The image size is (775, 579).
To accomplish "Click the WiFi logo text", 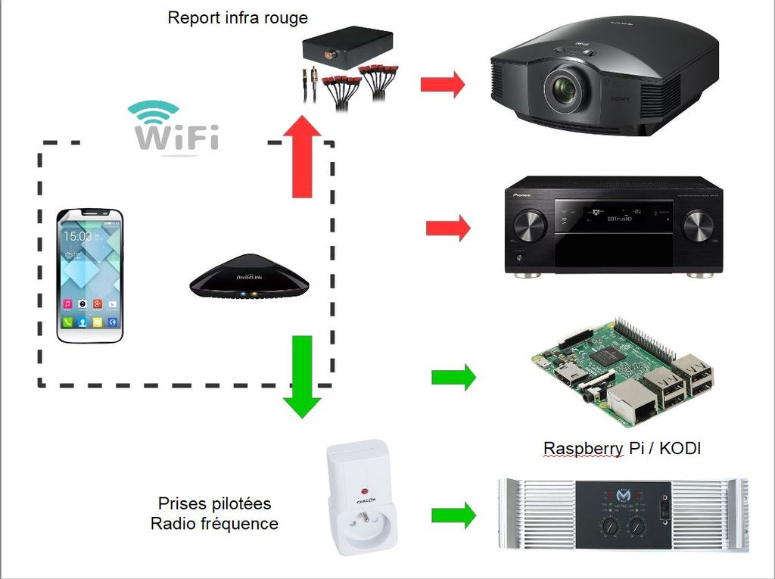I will [x=176, y=137].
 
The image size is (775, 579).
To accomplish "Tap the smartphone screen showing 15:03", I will [x=90, y=275].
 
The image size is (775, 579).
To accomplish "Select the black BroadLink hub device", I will [x=249, y=276].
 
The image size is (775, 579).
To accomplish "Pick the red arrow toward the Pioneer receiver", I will [x=448, y=227].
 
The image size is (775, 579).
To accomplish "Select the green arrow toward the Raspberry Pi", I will [x=453, y=376].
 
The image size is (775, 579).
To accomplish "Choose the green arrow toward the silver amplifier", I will [x=453, y=515].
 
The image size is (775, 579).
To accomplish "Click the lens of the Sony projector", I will [x=565, y=89].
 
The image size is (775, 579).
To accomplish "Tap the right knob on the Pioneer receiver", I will [x=697, y=226].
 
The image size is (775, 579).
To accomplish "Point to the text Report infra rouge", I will [x=238, y=17].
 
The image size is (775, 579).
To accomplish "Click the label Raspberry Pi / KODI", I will [x=622, y=449].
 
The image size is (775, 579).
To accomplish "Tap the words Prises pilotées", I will [x=214, y=503].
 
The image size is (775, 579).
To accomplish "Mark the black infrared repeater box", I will [x=347, y=47].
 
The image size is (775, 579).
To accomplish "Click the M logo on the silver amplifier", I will [x=624, y=495].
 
